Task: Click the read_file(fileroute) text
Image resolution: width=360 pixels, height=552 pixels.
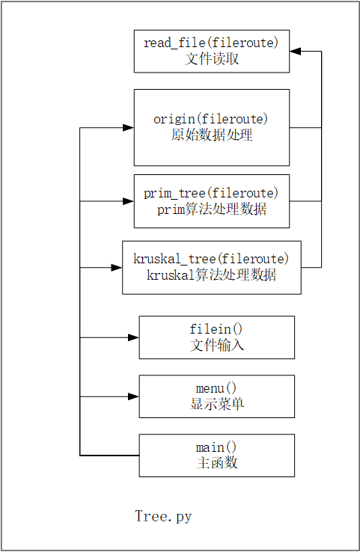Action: [212, 43]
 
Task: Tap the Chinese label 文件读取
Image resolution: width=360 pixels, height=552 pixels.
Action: [212, 58]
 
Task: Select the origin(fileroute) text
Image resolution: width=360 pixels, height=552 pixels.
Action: [212, 120]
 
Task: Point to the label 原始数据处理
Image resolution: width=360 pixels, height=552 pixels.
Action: [212, 135]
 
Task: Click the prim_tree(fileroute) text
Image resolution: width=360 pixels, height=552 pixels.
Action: [212, 194]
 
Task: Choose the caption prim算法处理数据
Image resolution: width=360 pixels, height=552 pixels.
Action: [212, 209]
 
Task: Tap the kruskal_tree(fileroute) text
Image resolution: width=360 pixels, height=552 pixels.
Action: [212, 260]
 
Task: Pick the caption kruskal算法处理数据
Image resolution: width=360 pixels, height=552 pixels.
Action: [212, 275]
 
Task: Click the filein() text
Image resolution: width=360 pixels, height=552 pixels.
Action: [217, 329]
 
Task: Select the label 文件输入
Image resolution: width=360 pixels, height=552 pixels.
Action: [217, 345]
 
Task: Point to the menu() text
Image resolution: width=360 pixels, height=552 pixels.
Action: [217, 388]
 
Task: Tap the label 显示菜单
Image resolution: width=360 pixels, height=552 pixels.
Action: [217, 404]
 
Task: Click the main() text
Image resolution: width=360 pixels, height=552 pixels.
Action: [217, 447]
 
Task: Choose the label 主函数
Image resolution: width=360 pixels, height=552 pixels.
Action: [217, 463]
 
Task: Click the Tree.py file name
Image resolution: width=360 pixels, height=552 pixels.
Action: [163, 516]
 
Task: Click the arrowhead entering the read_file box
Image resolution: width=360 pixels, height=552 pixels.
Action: [296, 52]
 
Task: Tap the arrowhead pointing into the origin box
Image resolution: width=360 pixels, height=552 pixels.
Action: [128, 128]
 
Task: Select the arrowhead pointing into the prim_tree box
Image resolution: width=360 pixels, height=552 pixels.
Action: [128, 201]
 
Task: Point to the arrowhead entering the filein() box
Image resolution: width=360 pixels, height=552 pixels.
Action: [133, 337]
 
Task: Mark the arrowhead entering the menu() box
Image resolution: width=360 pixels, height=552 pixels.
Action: [133, 396]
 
